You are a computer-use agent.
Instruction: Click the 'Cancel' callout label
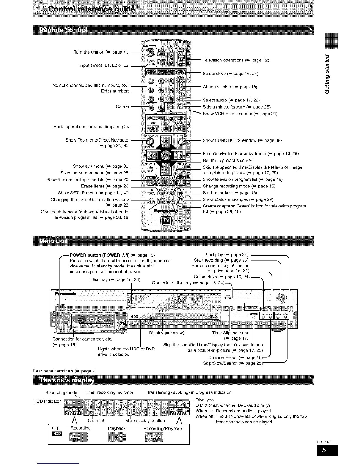[123, 106]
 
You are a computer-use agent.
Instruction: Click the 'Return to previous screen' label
[228, 160]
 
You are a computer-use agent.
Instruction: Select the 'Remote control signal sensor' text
[220, 265]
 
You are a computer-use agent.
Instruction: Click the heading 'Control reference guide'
[92, 9]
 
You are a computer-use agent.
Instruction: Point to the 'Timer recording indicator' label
[109, 392]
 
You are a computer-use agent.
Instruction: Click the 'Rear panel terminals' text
[64, 371]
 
